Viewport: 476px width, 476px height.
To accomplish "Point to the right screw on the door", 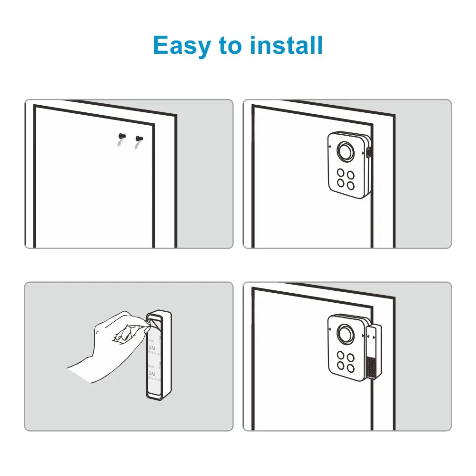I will tap(139, 139).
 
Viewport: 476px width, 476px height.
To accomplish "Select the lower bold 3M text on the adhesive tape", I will tap(152, 374).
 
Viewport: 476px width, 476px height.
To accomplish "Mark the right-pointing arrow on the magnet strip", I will tap(375, 337).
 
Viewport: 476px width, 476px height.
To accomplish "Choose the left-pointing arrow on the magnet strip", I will tap(369, 337).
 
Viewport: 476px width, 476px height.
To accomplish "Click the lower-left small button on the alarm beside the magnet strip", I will tap(341, 366).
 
